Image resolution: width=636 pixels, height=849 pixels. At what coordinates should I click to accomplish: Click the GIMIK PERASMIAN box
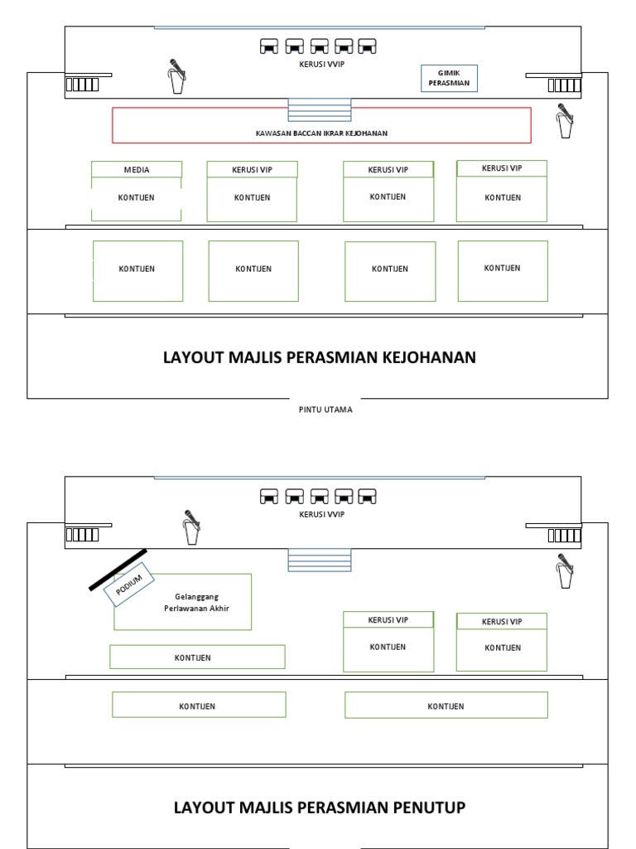click(x=449, y=78)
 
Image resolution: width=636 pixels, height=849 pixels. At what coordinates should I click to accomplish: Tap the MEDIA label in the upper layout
click(x=137, y=169)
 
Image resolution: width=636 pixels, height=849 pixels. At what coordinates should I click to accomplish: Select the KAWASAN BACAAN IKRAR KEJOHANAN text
click(x=321, y=133)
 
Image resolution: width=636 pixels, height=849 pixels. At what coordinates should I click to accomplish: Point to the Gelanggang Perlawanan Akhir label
click(x=196, y=602)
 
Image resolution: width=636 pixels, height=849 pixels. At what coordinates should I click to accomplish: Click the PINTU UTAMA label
click(x=325, y=410)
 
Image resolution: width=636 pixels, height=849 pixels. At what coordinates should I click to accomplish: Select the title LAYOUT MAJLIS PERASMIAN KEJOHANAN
click(x=320, y=357)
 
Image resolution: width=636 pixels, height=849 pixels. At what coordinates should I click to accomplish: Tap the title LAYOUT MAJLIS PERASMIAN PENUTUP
click(x=320, y=807)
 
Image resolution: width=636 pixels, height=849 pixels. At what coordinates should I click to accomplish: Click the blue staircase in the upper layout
click(x=319, y=109)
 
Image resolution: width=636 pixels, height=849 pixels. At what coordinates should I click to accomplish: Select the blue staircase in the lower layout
click(x=319, y=560)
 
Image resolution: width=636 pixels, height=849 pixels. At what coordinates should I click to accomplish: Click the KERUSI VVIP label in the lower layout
click(x=321, y=514)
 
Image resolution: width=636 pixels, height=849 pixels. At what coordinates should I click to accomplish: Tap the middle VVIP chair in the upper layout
click(x=319, y=46)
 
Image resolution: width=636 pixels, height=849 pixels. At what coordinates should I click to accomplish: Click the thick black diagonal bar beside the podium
click(x=118, y=570)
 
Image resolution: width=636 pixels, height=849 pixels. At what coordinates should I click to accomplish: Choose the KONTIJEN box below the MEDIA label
click(x=137, y=198)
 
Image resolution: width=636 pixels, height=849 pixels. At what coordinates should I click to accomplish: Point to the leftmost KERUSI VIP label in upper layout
click(x=252, y=170)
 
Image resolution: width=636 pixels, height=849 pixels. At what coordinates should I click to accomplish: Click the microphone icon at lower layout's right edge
click(x=566, y=570)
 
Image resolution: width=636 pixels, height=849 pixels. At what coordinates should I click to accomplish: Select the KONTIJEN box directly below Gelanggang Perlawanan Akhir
click(x=197, y=657)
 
